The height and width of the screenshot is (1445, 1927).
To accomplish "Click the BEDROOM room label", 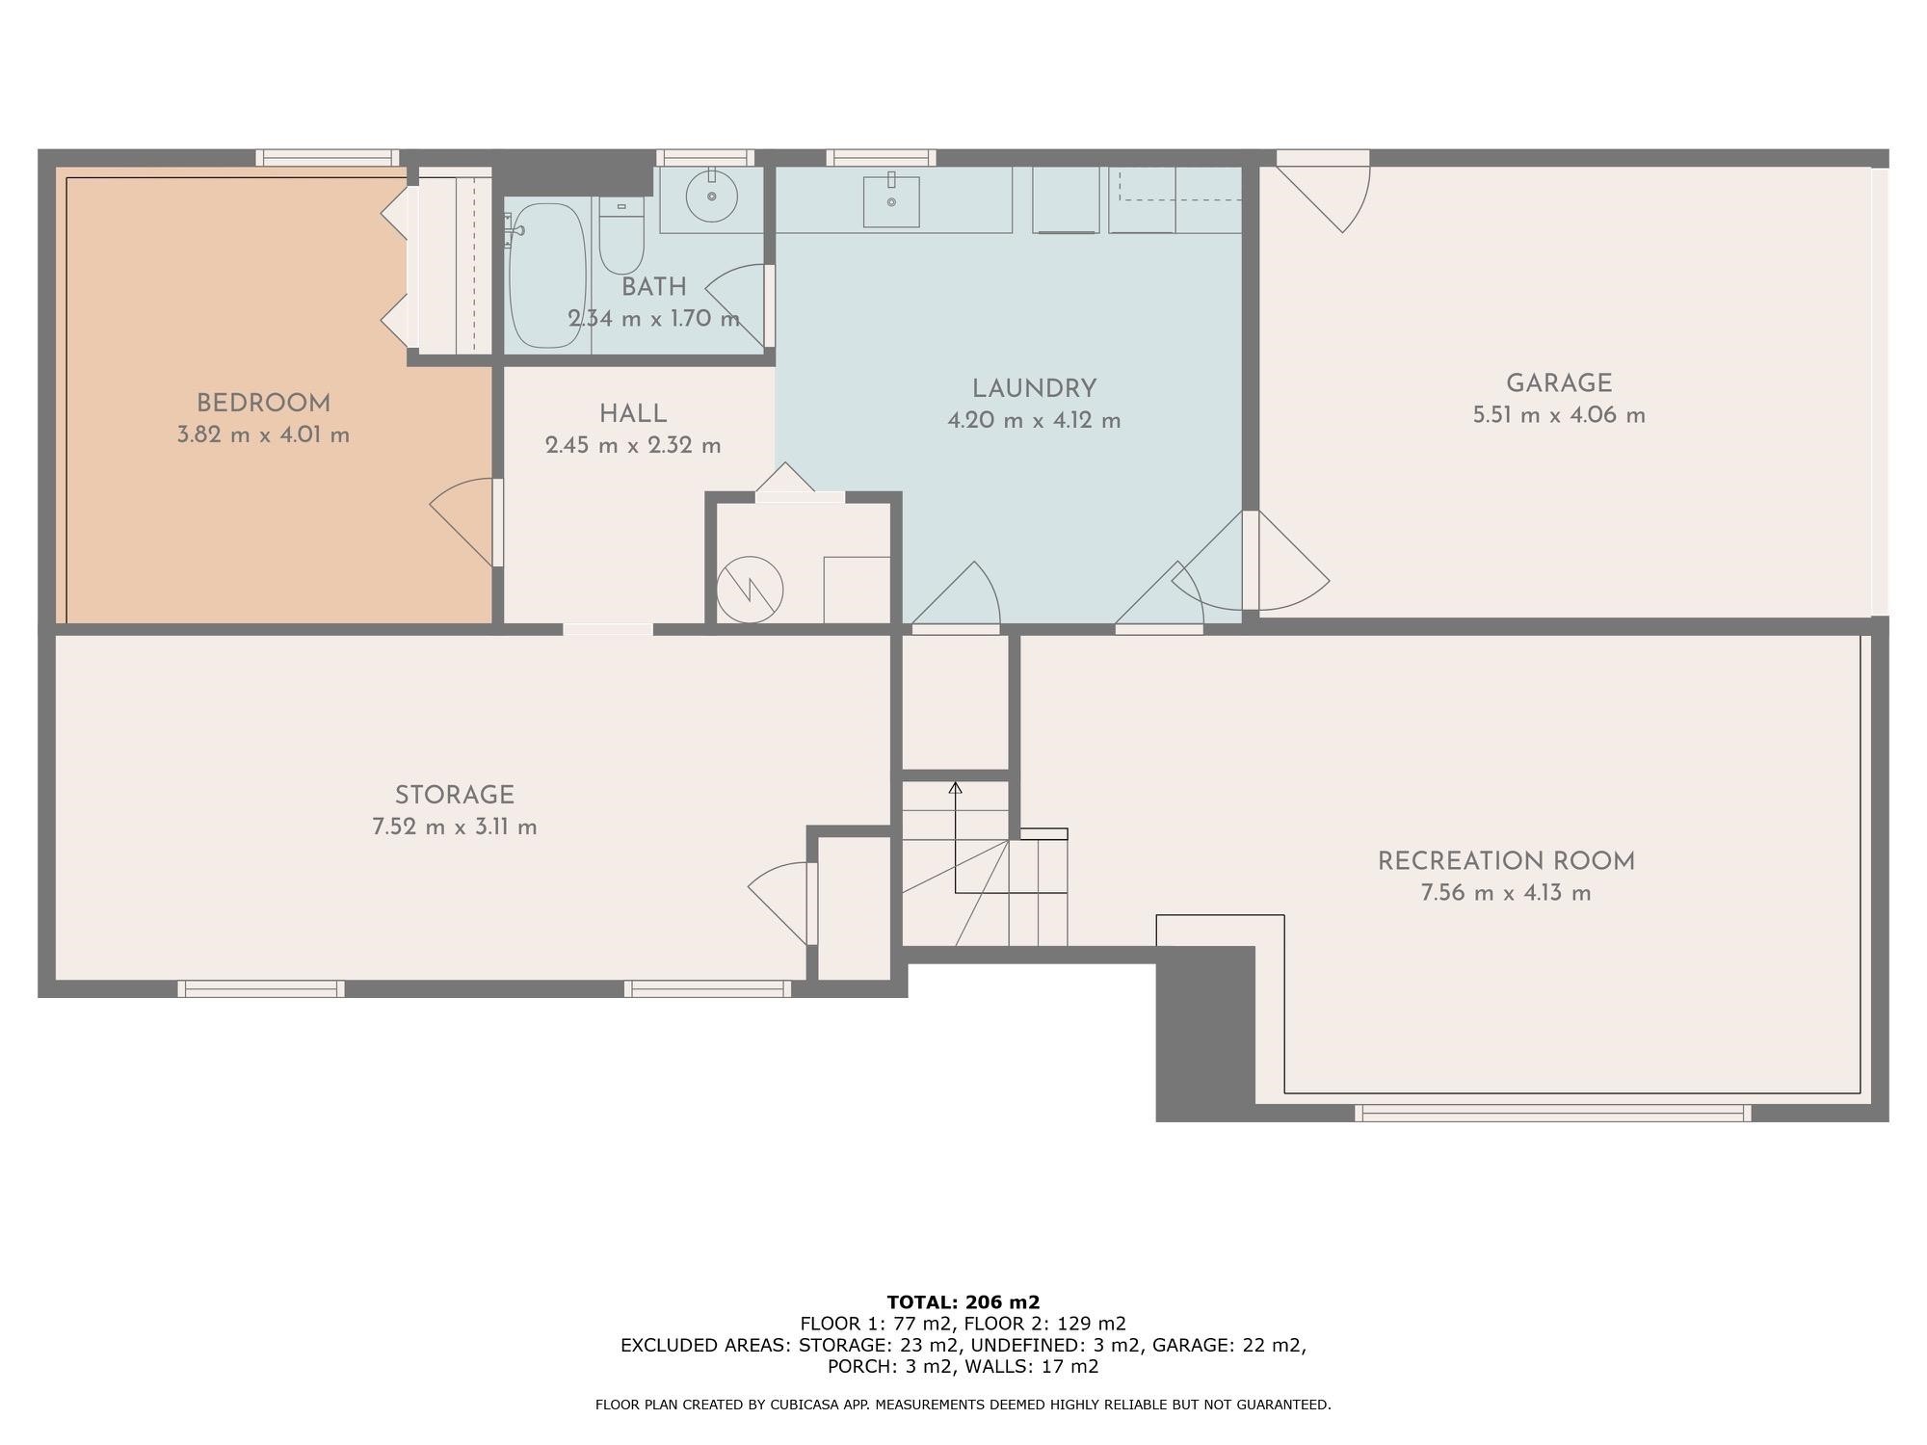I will (x=263, y=404).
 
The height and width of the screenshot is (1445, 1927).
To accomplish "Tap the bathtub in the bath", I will (x=546, y=276).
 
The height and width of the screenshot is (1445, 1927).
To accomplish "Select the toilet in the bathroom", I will (x=621, y=236).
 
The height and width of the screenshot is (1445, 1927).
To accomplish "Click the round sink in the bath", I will (x=711, y=197).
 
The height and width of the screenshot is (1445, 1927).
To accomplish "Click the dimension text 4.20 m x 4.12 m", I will (x=1034, y=421).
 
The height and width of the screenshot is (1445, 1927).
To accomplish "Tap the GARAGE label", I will (x=1558, y=383).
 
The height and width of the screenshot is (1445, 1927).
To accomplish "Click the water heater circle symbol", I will (x=750, y=590).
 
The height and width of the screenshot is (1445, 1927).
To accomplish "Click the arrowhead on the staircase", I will (x=955, y=788).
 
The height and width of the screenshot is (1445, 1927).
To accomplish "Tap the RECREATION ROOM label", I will (x=1506, y=861).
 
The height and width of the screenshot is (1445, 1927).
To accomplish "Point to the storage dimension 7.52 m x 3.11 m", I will (x=455, y=828).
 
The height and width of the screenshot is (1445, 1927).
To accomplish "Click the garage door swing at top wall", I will (x=1325, y=197).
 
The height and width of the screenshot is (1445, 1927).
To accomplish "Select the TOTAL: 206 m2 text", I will (x=963, y=1302).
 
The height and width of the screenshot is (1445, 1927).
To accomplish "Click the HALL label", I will (x=633, y=414).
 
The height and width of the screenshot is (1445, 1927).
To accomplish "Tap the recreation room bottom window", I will (x=1552, y=1113).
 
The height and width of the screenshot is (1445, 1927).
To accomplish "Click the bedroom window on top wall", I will (x=328, y=158).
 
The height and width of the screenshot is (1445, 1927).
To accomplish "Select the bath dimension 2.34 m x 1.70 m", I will (x=653, y=319).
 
